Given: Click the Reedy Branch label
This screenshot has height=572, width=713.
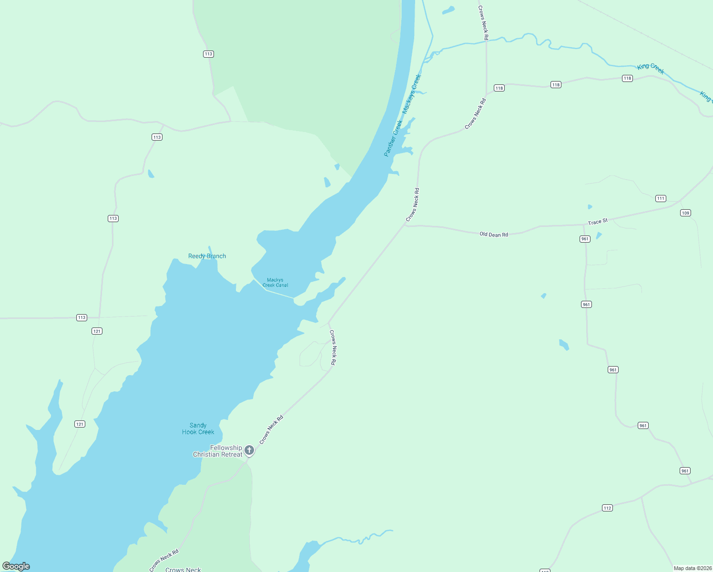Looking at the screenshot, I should click(207, 256).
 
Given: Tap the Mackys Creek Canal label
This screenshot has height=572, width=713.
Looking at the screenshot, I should click(275, 283).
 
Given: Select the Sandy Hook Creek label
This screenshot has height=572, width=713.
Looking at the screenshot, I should click(198, 429).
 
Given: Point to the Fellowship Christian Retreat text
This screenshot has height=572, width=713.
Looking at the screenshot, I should click(218, 451).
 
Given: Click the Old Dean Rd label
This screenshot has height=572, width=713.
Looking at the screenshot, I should click(494, 235).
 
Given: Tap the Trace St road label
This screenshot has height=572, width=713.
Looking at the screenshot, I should click(598, 222).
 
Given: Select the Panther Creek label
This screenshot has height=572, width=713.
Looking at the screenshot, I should click(393, 138).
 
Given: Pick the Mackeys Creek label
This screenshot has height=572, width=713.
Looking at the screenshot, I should click(412, 94).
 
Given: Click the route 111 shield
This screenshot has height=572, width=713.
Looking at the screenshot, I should click(661, 198).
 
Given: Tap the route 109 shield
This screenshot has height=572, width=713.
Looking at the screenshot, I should click(685, 213).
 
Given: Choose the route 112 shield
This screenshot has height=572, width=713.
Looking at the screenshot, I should click(607, 508).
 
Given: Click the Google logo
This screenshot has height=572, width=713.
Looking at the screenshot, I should click(16, 566).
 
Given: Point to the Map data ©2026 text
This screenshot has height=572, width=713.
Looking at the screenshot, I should click(692, 568).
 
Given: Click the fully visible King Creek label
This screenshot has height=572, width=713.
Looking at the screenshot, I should click(651, 69).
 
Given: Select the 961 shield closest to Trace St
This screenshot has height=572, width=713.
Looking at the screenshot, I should click(585, 239).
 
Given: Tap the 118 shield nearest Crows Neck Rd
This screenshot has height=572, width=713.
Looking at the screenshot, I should click(499, 88).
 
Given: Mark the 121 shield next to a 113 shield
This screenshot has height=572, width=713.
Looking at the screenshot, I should click(97, 331).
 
